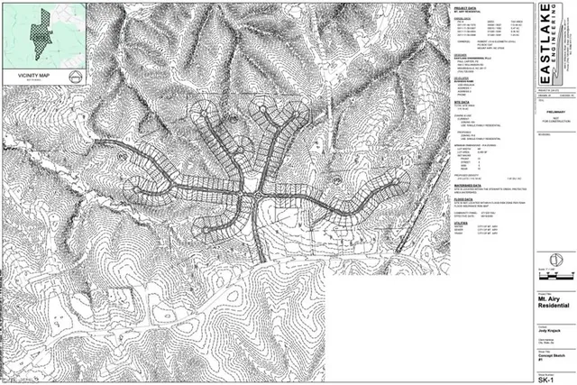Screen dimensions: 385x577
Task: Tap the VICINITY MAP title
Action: click(x=31, y=76)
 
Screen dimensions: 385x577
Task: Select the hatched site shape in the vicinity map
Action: click(x=38, y=32)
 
